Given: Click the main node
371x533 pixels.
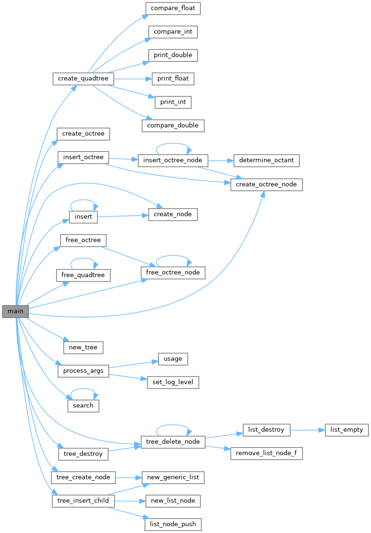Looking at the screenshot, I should [x=15, y=311].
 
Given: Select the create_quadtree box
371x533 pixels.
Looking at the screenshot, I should [x=83, y=78].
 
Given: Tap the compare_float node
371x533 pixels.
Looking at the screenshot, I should [x=173, y=8].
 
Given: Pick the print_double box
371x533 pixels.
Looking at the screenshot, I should [x=173, y=55].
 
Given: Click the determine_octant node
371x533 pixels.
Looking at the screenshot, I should [x=266, y=161].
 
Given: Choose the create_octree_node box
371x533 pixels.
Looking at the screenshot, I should [x=266, y=184].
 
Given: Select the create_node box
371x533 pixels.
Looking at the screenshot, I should [x=173, y=214].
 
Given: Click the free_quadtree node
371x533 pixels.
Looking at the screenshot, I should [x=83, y=275].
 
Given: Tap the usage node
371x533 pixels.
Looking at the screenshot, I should [x=173, y=359].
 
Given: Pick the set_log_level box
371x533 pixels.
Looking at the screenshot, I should [x=173, y=382].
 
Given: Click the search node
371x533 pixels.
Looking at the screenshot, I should [x=83, y=406].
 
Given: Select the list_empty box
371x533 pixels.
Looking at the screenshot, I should [x=347, y=430].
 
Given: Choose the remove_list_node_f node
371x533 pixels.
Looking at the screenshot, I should [x=266, y=453].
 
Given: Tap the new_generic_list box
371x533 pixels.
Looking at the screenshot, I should [x=173, y=477].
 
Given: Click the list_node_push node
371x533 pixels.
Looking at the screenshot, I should [x=173, y=524].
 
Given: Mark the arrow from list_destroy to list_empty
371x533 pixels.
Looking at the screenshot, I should [x=307, y=430].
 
